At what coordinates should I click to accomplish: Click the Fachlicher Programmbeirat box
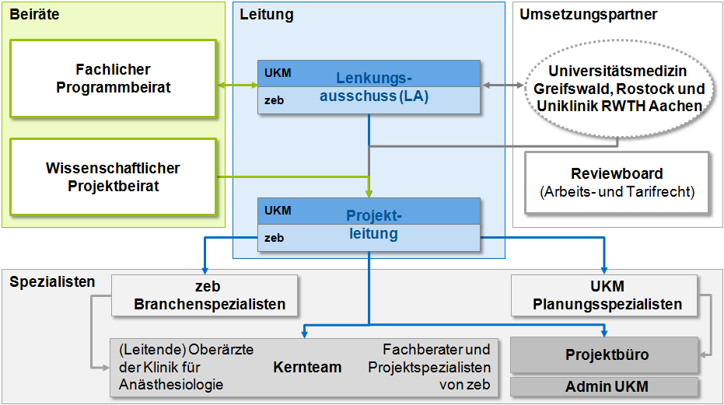click(x=113, y=79)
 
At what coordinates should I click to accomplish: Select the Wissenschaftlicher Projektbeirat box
click(x=113, y=176)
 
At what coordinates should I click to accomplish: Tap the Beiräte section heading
click(x=34, y=15)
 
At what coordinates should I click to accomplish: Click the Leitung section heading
click(x=267, y=15)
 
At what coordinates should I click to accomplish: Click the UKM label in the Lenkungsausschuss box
click(x=278, y=74)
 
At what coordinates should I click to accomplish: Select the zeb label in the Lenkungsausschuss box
click(x=274, y=100)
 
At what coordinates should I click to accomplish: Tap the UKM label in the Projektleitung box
click(x=278, y=211)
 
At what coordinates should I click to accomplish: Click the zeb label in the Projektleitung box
click(x=274, y=238)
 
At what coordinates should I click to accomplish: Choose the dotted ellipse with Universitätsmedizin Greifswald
click(x=619, y=89)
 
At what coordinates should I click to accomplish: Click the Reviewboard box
click(x=617, y=182)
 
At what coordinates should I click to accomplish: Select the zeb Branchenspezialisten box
click(x=204, y=295)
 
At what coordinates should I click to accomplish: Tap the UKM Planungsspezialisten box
click(x=607, y=295)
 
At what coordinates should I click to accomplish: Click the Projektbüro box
click(x=607, y=354)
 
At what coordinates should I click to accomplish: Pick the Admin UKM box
click(x=607, y=386)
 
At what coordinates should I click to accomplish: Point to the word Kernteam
click(x=307, y=367)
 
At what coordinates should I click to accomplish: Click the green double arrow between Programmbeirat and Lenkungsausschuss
click(x=237, y=85)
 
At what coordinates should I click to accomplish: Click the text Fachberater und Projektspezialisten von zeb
click(x=435, y=367)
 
